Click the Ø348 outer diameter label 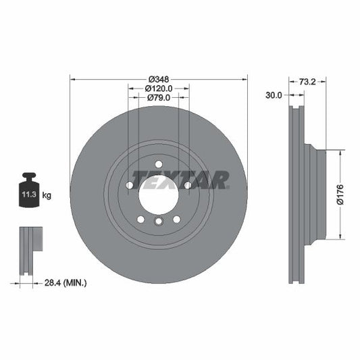click(x=159, y=78)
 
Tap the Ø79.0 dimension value click(x=159, y=97)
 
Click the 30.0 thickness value click(x=274, y=96)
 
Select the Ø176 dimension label click(x=342, y=194)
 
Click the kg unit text click(x=47, y=195)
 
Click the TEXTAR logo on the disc click(x=180, y=179)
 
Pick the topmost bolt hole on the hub click(x=159, y=164)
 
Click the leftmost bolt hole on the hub click(x=129, y=185)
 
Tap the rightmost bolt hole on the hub click(x=188, y=185)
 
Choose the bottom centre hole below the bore click(x=159, y=222)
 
